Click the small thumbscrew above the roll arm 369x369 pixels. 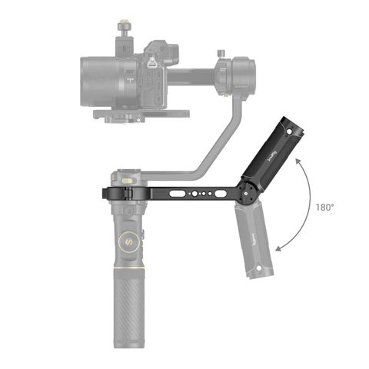coord(224,55)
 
